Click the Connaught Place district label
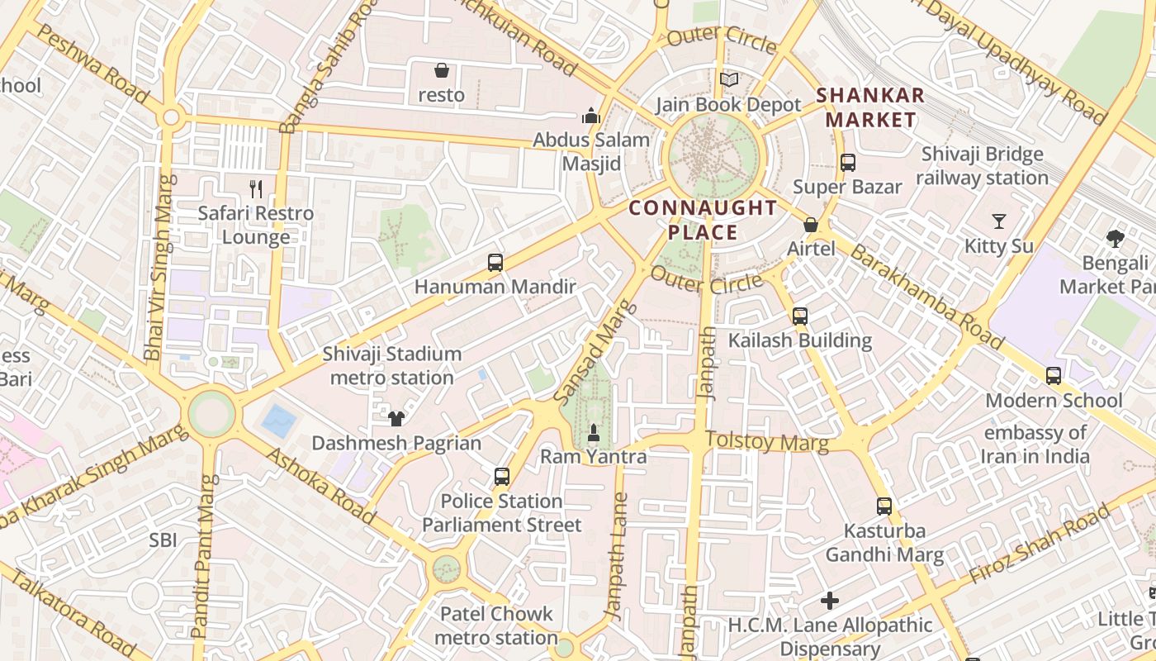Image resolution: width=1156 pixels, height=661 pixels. [x=703, y=220]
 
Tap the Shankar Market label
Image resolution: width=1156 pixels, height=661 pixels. [x=870, y=107]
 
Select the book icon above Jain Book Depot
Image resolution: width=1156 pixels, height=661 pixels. [x=728, y=80]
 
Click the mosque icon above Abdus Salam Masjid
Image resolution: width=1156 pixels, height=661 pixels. [x=590, y=116]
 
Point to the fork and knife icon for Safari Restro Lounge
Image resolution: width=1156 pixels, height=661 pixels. [x=256, y=189]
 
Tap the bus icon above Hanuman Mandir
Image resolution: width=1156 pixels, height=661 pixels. [x=495, y=263]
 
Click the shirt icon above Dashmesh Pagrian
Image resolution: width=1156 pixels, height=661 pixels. [x=396, y=419]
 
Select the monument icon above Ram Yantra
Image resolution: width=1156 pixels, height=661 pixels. [x=593, y=432]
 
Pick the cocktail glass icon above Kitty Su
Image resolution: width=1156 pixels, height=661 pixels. [x=999, y=221]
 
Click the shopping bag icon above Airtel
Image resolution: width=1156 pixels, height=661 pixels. [x=811, y=225]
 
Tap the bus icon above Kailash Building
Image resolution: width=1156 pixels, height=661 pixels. [x=799, y=316]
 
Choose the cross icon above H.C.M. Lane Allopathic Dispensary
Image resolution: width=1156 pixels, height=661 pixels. [x=830, y=601]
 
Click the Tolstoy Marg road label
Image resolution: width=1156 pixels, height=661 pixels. [x=767, y=442]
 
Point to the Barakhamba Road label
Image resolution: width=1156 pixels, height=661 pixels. [x=926, y=297]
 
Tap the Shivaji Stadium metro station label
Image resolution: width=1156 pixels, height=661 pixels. [x=392, y=365]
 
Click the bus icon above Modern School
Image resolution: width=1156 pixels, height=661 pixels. [x=1054, y=376]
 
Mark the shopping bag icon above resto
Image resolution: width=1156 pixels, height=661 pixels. [x=442, y=70]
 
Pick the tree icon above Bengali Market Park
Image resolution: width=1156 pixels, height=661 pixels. [x=1116, y=239]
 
